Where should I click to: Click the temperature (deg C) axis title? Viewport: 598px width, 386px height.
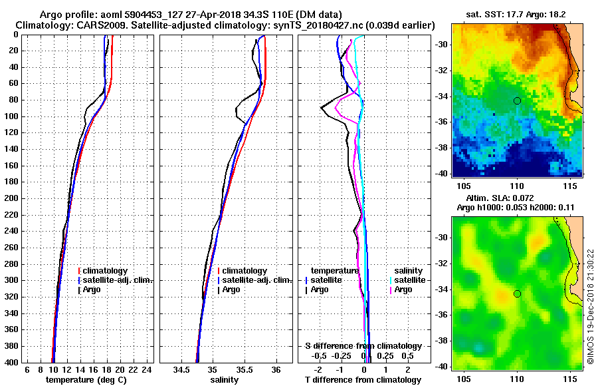click(x=86, y=380)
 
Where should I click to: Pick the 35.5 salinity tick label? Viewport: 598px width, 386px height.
click(x=244, y=369)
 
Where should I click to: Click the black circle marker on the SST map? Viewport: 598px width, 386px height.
click(x=517, y=100)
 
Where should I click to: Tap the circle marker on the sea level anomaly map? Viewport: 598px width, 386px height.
click(x=517, y=293)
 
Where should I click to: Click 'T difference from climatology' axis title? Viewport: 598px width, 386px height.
click(x=363, y=380)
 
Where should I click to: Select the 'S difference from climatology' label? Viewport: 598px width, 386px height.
click(x=363, y=346)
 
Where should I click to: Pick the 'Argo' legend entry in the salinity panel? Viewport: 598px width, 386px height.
click(x=231, y=289)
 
